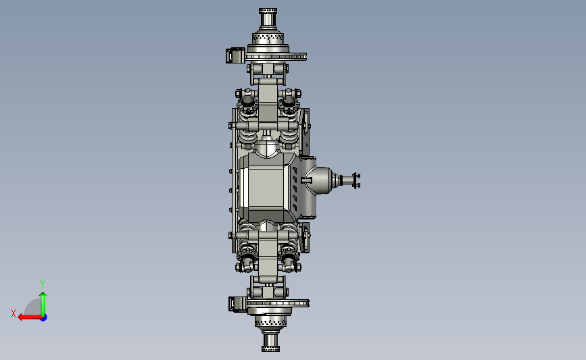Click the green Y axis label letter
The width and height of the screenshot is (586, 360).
43,284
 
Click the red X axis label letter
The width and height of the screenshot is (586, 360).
14,313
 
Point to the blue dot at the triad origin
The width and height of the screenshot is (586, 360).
43,317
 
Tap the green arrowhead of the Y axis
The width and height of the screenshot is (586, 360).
43,295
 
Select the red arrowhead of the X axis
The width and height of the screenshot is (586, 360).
20,317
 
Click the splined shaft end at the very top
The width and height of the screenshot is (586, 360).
268,17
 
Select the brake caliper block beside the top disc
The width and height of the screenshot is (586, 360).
235,55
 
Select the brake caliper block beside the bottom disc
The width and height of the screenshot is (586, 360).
238,304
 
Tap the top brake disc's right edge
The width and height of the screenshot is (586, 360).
305,57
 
